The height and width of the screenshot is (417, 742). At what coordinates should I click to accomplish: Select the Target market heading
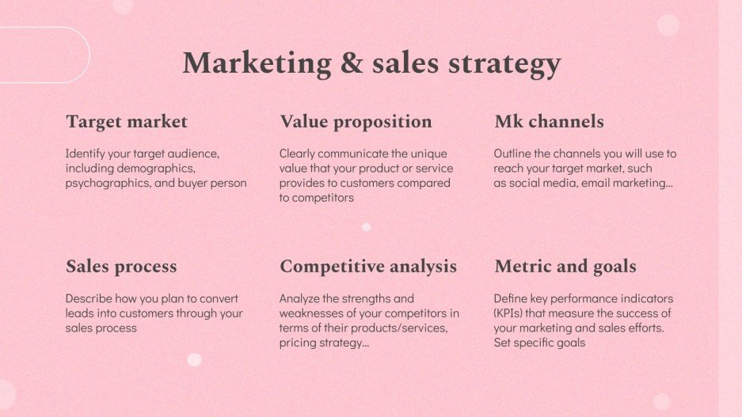click(x=127, y=122)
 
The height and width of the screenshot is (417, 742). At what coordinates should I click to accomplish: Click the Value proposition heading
click(x=356, y=122)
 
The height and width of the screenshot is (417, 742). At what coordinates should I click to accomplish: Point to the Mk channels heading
click(x=549, y=122)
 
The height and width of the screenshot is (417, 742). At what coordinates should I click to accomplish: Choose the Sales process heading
click(x=121, y=267)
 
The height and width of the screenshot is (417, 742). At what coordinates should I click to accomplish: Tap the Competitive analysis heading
click(x=368, y=267)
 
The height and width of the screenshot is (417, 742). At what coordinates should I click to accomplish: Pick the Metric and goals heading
click(x=565, y=267)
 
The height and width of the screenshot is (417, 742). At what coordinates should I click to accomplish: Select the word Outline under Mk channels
click(x=514, y=154)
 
